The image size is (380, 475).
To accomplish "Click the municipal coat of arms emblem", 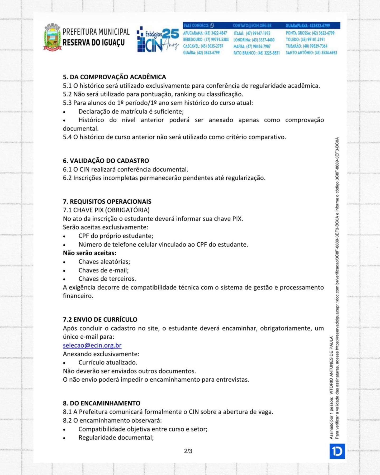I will pos(53,37).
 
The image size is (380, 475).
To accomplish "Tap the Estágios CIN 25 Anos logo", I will pos(158,39).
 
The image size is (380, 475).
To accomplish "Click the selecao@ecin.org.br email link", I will pos(92,345).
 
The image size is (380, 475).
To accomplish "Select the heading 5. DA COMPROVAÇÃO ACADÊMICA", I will pos(114,77).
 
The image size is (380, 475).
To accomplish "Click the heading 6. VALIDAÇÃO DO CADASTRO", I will pos(106,161).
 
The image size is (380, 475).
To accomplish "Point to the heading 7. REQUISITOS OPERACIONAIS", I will pos(107,201).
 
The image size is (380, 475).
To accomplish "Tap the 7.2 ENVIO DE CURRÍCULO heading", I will pos(100,319).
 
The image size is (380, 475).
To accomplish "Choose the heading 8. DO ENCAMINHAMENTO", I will pos(101,403).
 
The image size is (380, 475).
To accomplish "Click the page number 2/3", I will pos(188,451).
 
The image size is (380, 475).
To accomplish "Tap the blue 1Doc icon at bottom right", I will pos(337,451).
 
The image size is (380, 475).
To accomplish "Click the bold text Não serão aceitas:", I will pos(89,253).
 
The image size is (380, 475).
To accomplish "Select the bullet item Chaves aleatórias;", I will pos(104,262).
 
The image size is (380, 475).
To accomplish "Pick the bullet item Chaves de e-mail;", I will pos(103,270).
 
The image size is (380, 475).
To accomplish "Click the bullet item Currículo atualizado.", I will pos(108,362).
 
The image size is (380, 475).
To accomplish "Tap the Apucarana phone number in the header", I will pos(205,33).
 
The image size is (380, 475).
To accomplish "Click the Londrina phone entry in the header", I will pos(254,40).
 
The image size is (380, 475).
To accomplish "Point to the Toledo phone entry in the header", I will pos(305,40).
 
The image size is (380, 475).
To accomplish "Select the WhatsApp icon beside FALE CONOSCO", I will pos(212,26).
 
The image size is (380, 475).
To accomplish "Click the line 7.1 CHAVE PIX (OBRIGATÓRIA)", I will pos(106,210).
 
